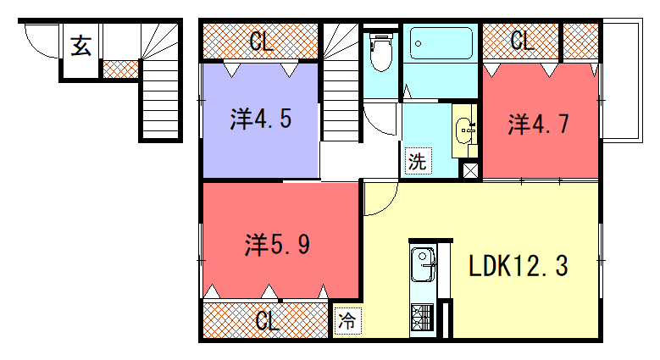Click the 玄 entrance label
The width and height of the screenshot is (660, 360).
point(80,46)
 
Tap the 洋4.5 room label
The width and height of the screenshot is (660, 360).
point(261,119)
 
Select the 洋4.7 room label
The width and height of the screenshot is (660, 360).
point(538,124)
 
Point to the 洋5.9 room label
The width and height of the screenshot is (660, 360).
point(277,245)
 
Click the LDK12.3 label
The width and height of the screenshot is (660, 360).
point(519,266)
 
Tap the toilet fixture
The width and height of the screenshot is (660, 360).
point(381,52)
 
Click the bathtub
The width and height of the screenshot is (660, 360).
point(441,43)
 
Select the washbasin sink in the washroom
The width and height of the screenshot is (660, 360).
point(464,130)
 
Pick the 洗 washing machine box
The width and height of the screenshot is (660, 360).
point(418,160)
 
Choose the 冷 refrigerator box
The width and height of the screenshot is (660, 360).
point(347,321)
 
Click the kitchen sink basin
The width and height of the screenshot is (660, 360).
point(423,264)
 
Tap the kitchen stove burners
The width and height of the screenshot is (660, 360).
point(422,317)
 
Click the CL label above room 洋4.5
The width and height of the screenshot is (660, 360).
point(262,42)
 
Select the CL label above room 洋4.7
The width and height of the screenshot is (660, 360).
point(522,41)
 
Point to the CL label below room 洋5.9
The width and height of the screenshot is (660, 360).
point(267,321)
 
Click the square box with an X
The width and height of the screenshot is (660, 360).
point(470,170)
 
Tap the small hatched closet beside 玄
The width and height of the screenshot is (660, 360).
point(121,69)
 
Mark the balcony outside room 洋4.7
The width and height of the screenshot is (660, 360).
point(622,80)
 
